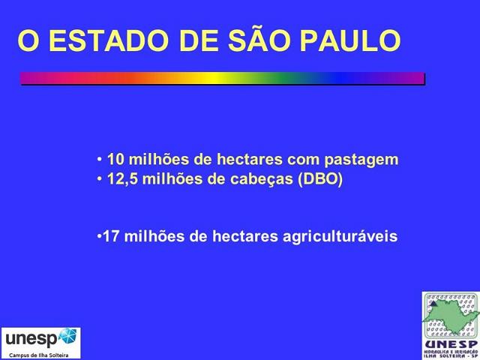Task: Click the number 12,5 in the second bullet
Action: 121,181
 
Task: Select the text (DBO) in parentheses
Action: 320,181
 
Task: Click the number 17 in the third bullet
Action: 110,237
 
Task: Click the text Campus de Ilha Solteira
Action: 39,354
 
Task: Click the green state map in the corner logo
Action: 449,315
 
